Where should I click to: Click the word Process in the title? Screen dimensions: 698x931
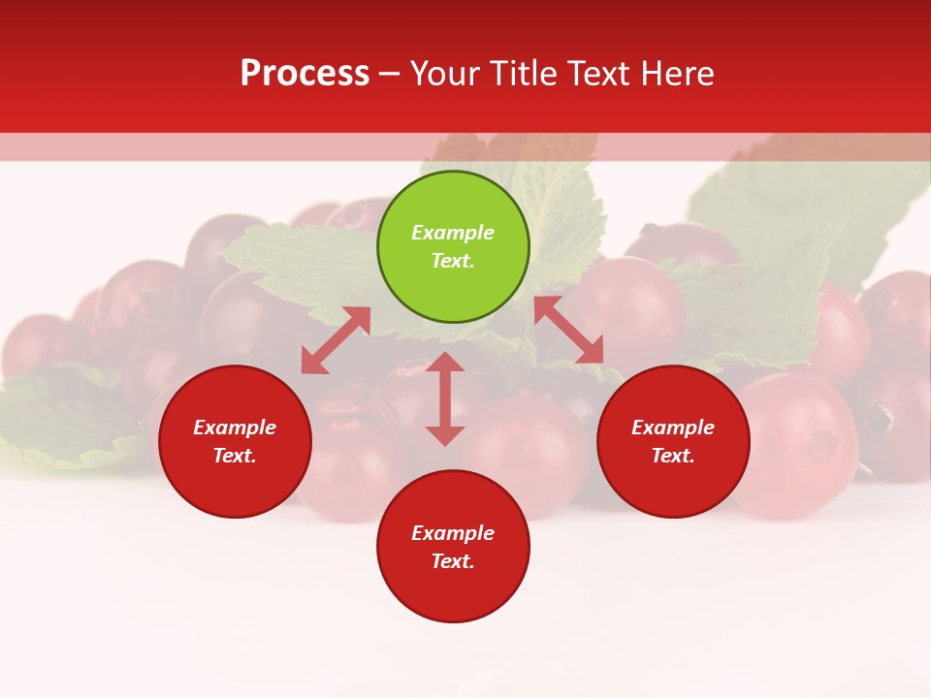tap(305, 74)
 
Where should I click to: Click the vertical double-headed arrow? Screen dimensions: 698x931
tap(445, 399)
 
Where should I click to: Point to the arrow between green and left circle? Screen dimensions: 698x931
tap(336, 340)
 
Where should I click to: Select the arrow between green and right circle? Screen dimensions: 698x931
tap(568, 330)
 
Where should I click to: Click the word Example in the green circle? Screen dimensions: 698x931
tap(453, 233)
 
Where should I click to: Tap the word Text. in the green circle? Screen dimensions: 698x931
tap(453, 261)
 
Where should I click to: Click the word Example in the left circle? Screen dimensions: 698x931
tap(235, 428)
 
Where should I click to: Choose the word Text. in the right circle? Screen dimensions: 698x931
tap(673, 456)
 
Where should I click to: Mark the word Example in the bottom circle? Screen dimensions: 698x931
tap(453, 533)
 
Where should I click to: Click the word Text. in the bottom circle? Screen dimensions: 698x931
tap(453, 561)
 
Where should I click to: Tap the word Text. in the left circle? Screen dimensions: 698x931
tap(235, 456)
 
